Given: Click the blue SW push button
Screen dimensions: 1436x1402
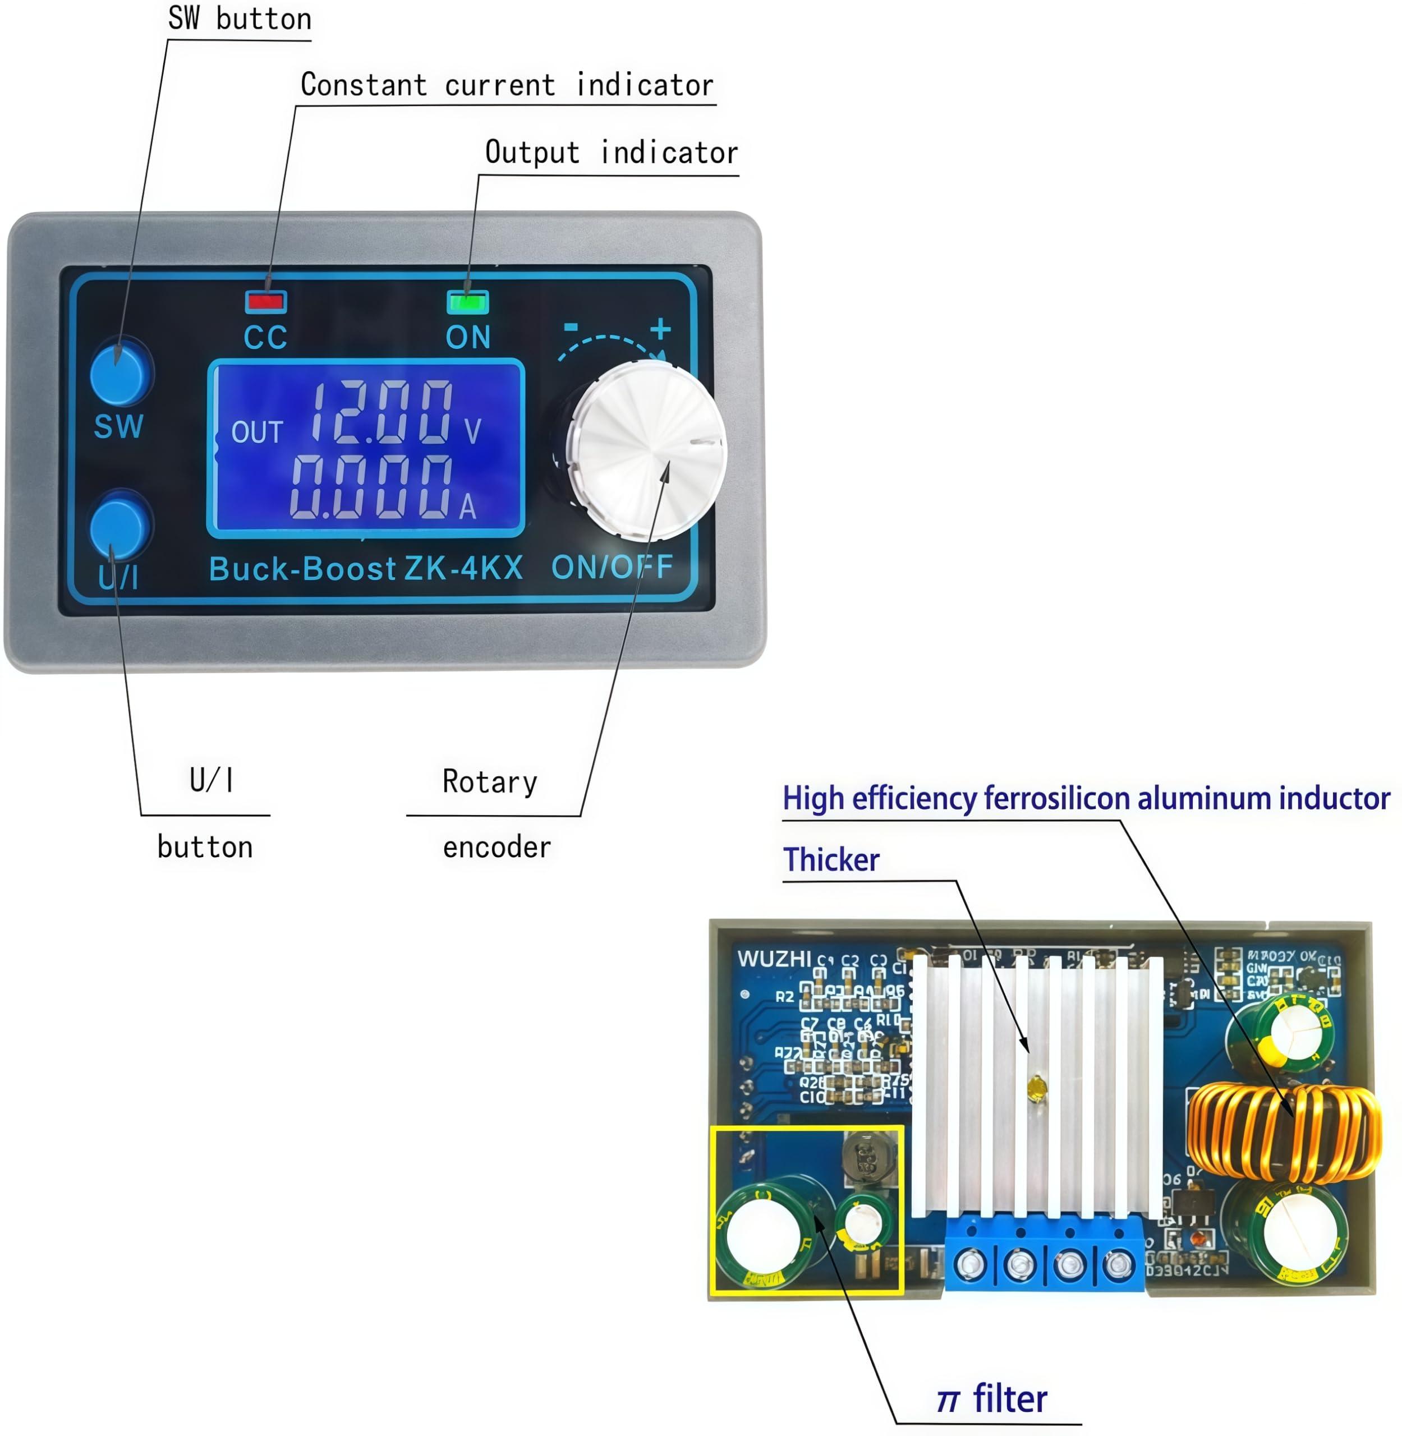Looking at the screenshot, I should point(120,374).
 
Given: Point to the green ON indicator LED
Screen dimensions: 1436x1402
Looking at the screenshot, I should point(467,302).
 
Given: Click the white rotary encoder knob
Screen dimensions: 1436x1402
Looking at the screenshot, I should point(646,450).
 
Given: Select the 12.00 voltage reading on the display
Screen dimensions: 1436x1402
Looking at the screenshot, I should point(382,412).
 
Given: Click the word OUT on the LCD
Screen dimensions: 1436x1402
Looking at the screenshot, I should point(257,432).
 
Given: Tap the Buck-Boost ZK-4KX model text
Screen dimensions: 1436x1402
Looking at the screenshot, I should point(366,568).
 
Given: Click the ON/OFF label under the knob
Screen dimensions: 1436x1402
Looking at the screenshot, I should point(612,567).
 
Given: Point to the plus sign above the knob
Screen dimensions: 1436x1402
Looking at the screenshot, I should point(660,329).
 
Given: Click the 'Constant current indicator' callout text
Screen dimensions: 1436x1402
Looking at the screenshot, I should point(507,85).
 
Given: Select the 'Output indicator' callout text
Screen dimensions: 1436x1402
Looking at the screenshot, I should point(611,153).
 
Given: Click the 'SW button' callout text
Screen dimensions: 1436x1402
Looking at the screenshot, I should point(240,19).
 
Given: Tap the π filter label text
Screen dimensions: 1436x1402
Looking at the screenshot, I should point(991,1399).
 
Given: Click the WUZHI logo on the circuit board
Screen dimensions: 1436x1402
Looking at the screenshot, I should point(774,959).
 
